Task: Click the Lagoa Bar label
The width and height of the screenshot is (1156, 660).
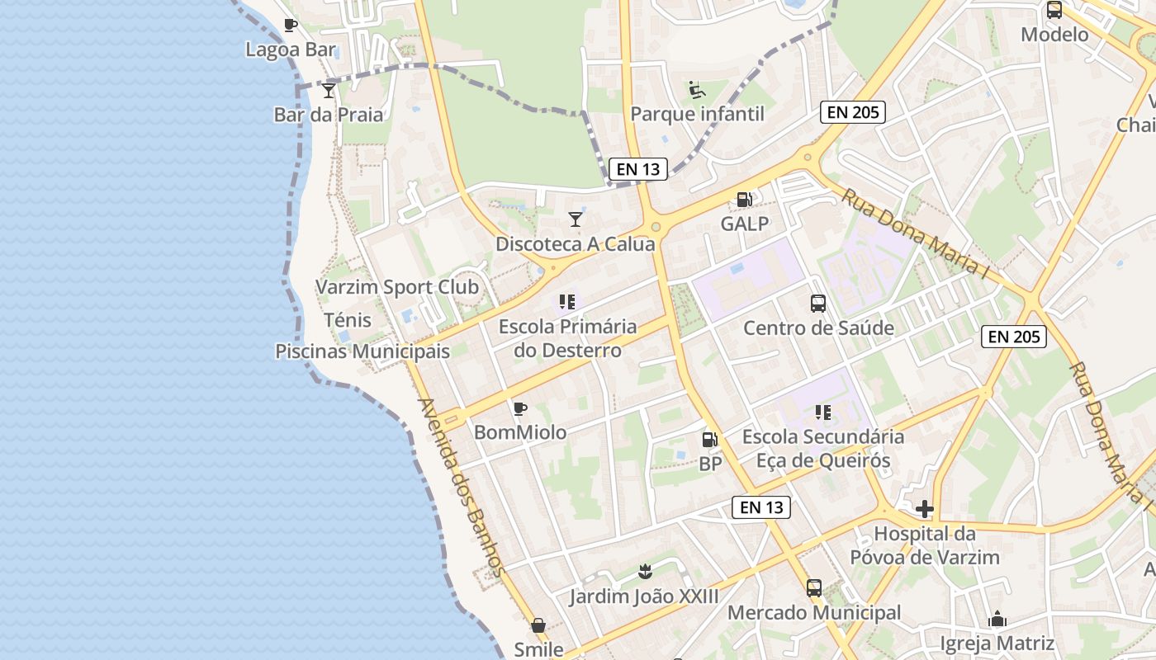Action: tap(291, 49)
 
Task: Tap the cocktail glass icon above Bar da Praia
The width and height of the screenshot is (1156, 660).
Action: tap(329, 90)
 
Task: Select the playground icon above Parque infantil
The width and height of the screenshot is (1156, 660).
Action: tap(697, 89)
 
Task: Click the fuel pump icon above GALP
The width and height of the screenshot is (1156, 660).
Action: tap(744, 200)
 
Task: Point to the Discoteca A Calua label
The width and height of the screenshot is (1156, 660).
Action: tap(575, 244)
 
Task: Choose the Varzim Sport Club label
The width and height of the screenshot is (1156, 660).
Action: tap(397, 287)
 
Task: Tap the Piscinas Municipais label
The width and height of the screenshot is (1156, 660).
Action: tap(362, 351)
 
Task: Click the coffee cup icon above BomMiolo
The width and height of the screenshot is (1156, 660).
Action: tap(519, 408)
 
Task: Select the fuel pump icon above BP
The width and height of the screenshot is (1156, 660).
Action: tap(709, 441)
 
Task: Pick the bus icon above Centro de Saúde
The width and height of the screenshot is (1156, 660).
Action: tap(818, 304)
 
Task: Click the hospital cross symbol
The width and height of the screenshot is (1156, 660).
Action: tap(925, 509)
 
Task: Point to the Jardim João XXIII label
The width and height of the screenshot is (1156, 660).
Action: tap(644, 596)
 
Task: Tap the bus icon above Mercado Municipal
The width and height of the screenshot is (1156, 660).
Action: tap(814, 588)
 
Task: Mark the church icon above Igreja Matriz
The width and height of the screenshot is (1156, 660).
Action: tap(997, 619)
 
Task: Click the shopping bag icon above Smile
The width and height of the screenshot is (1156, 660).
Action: tap(538, 625)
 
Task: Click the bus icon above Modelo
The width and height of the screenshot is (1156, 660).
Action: tap(1054, 10)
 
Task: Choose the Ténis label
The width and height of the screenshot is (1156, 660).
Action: tap(348, 320)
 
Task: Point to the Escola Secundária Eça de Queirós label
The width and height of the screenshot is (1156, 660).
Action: tap(823, 448)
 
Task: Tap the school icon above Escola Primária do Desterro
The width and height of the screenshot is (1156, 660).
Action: tap(566, 302)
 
